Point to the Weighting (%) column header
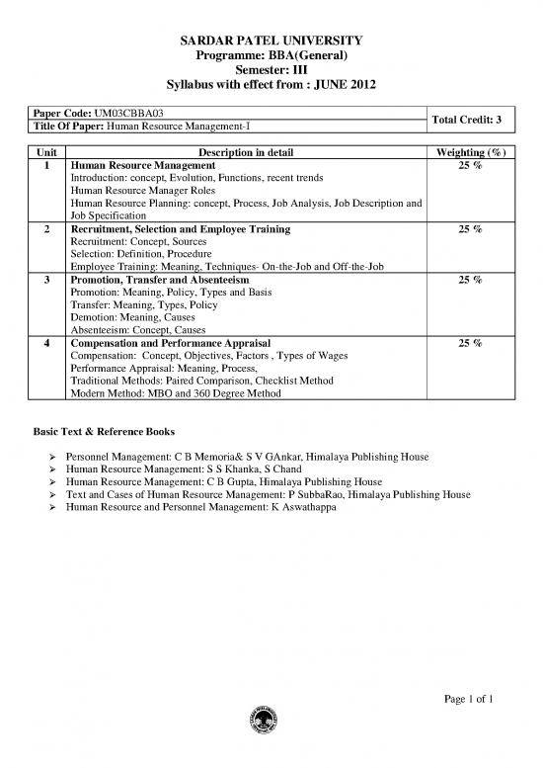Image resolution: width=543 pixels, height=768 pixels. pyautogui.click(x=463, y=150)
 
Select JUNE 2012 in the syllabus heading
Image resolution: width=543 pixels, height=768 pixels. pyautogui.click(x=341, y=85)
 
